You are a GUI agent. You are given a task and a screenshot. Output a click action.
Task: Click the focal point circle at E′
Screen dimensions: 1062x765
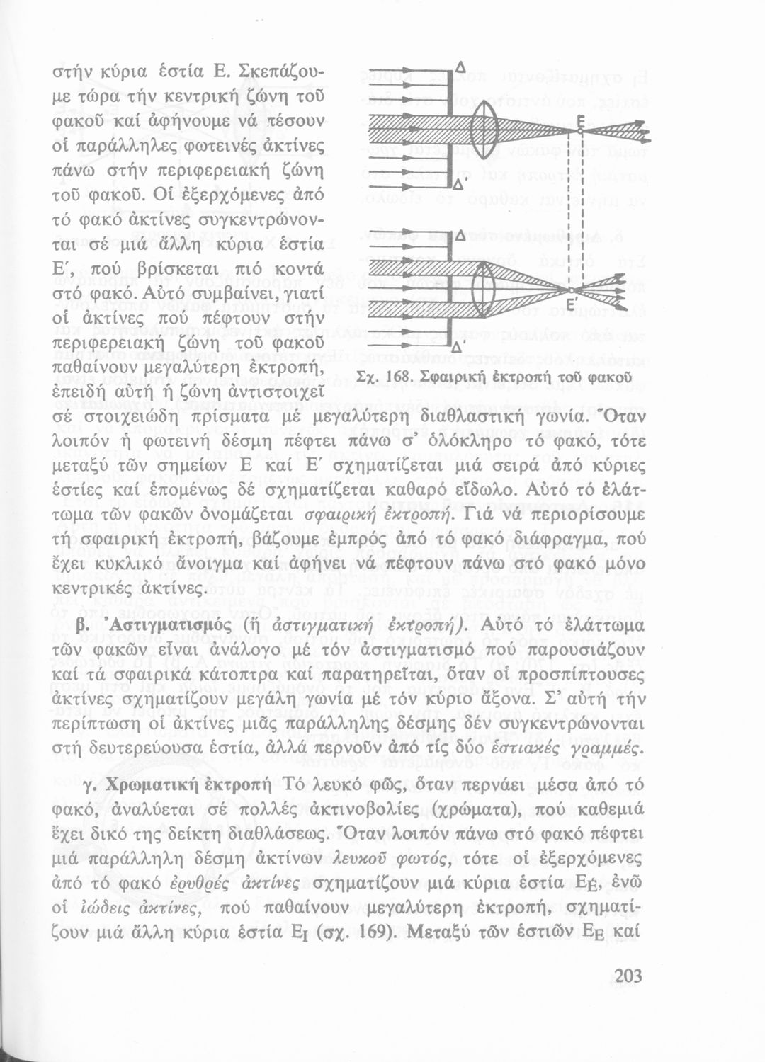(572, 290)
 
